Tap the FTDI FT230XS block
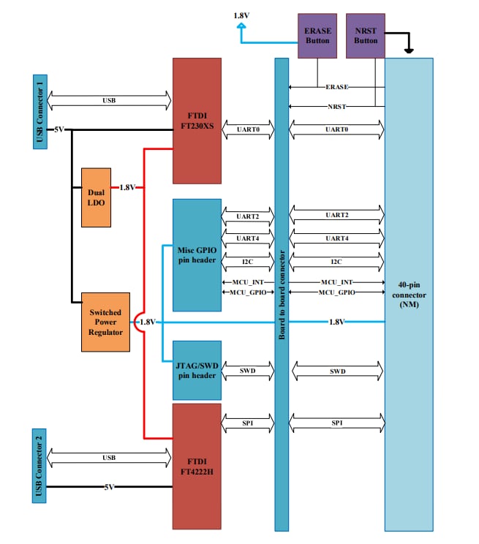pos(197,121)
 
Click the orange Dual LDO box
pos(97,197)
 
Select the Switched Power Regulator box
pos(106,321)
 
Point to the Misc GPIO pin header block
pos(197,254)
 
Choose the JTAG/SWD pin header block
pos(197,370)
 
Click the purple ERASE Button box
pos(317,36)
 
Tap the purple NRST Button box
pos(366,36)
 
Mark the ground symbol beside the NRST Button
pos(409,51)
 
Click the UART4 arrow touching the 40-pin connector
pos(336,238)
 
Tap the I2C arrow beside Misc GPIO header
pos(247,261)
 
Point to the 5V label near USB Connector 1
pos(59,129)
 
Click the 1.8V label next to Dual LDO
pos(127,187)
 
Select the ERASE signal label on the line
pos(337,87)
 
